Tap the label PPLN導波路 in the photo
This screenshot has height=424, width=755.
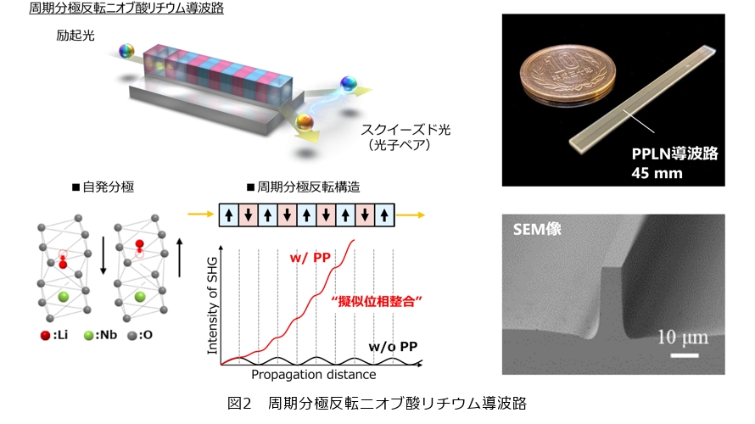coord(674,153)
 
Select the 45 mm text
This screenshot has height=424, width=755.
coord(657,173)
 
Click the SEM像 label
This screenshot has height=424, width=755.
coord(537,229)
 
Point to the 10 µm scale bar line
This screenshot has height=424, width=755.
coord(685,355)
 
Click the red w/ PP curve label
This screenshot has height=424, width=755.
coord(310,258)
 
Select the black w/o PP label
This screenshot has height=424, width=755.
coord(393,347)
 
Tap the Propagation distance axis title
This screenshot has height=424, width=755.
coord(314,375)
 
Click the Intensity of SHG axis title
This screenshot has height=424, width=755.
coord(212,305)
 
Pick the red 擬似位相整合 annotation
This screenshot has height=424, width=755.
coord(377,302)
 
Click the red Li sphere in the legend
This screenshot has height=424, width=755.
coord(45,336)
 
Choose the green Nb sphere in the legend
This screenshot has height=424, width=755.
coord(88,336)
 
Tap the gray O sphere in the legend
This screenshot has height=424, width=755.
coord(132,336)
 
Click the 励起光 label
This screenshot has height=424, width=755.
coord(75,36)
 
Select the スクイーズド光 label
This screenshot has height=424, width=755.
coord(405,130)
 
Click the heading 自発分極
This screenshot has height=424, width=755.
coord(103,187)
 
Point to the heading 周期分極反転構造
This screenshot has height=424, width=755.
coord(304,187)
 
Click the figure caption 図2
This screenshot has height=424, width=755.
coord(239,403)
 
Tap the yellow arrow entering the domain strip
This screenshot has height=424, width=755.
coord(200,215)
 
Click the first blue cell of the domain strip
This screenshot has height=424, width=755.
coord(229,215)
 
